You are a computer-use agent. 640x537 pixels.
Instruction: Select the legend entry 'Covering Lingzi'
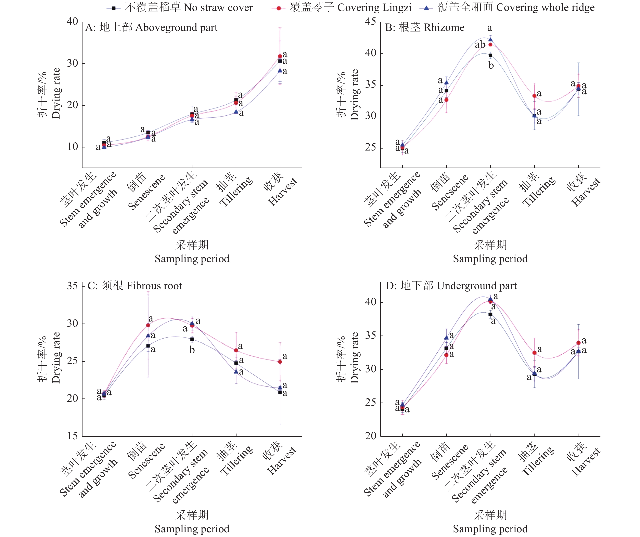(x=350, y=7)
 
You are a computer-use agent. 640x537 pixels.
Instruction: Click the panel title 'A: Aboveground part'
(x=151, y=27)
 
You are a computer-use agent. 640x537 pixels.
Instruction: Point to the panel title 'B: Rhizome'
(x=425, y=27)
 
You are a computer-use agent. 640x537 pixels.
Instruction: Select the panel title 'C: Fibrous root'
(x=135, y=286)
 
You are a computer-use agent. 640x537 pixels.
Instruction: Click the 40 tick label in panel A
(x=73, y=21)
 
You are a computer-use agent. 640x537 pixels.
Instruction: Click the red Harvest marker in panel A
(x=280, y=56)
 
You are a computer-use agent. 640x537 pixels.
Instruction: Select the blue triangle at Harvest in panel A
(x=280, y=71)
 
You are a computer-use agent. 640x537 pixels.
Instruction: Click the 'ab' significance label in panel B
(x=480, y=45)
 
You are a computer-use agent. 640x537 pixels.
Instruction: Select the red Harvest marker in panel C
(x=280, y=362)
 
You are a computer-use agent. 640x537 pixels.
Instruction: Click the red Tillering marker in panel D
(x=534, y=353)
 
